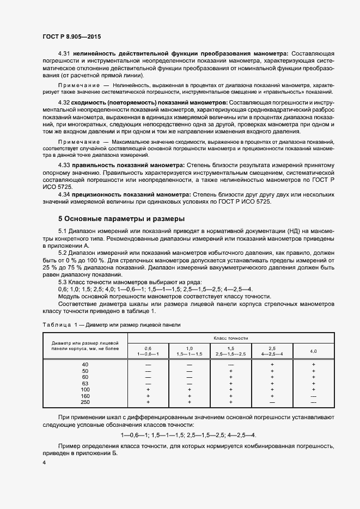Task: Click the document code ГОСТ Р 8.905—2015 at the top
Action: [71, 37]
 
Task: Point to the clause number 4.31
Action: [64, 54]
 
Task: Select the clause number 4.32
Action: [64, 102]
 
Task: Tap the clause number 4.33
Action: [64, 164]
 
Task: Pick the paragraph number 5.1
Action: [63, 232]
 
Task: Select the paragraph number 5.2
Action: [63, 253]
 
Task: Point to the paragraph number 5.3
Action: [63, 282]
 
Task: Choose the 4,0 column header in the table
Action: [314, 351]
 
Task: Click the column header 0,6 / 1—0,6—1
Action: [148, 351]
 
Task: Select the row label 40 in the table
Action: [84, 364]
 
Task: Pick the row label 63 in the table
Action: [84, 383]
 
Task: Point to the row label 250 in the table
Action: [84, 402]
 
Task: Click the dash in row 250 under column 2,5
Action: [272, 402]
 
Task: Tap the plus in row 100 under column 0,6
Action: [148, 390]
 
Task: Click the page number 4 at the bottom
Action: [44, 462]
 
